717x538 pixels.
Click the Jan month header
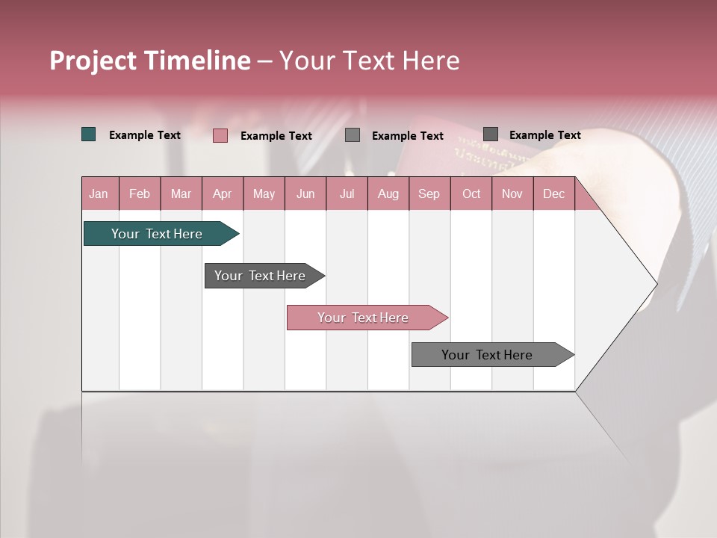tap(99, 194)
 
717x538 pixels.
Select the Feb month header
tap(140, 194)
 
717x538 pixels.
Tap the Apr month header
tap(222, 194)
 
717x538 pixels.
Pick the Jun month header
tap(305, 194)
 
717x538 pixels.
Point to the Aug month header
tap(388, 194)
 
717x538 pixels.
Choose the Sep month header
tap(429, 194)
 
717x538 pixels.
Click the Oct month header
tap(471, 194)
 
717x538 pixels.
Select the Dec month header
tap(553, 194)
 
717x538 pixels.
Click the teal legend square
tap(89, 134)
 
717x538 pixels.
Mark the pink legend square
tap(220, 135)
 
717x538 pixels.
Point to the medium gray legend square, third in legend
tap(353, 135)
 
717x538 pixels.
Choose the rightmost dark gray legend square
tap(491, 134)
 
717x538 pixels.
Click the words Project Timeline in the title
tap(150, 61)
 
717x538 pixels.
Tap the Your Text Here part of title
tap(369, 61)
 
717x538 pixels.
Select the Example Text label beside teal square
tap(145, 135)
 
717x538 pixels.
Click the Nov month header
tap(512, 194)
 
